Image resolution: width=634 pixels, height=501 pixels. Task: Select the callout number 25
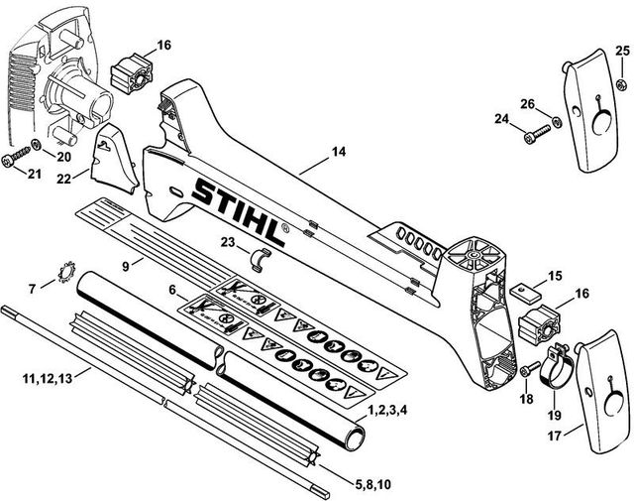click(x=621, y=51)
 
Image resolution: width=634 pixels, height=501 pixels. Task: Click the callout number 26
click(x=528, y=104)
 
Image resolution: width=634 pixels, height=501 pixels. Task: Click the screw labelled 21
click(x=16, y=160)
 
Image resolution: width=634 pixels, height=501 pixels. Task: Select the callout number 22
click(x=63, y=179)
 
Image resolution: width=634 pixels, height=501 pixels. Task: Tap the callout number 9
click(x=125, y=266)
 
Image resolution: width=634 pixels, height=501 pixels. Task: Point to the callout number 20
click(x=61, y=156)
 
